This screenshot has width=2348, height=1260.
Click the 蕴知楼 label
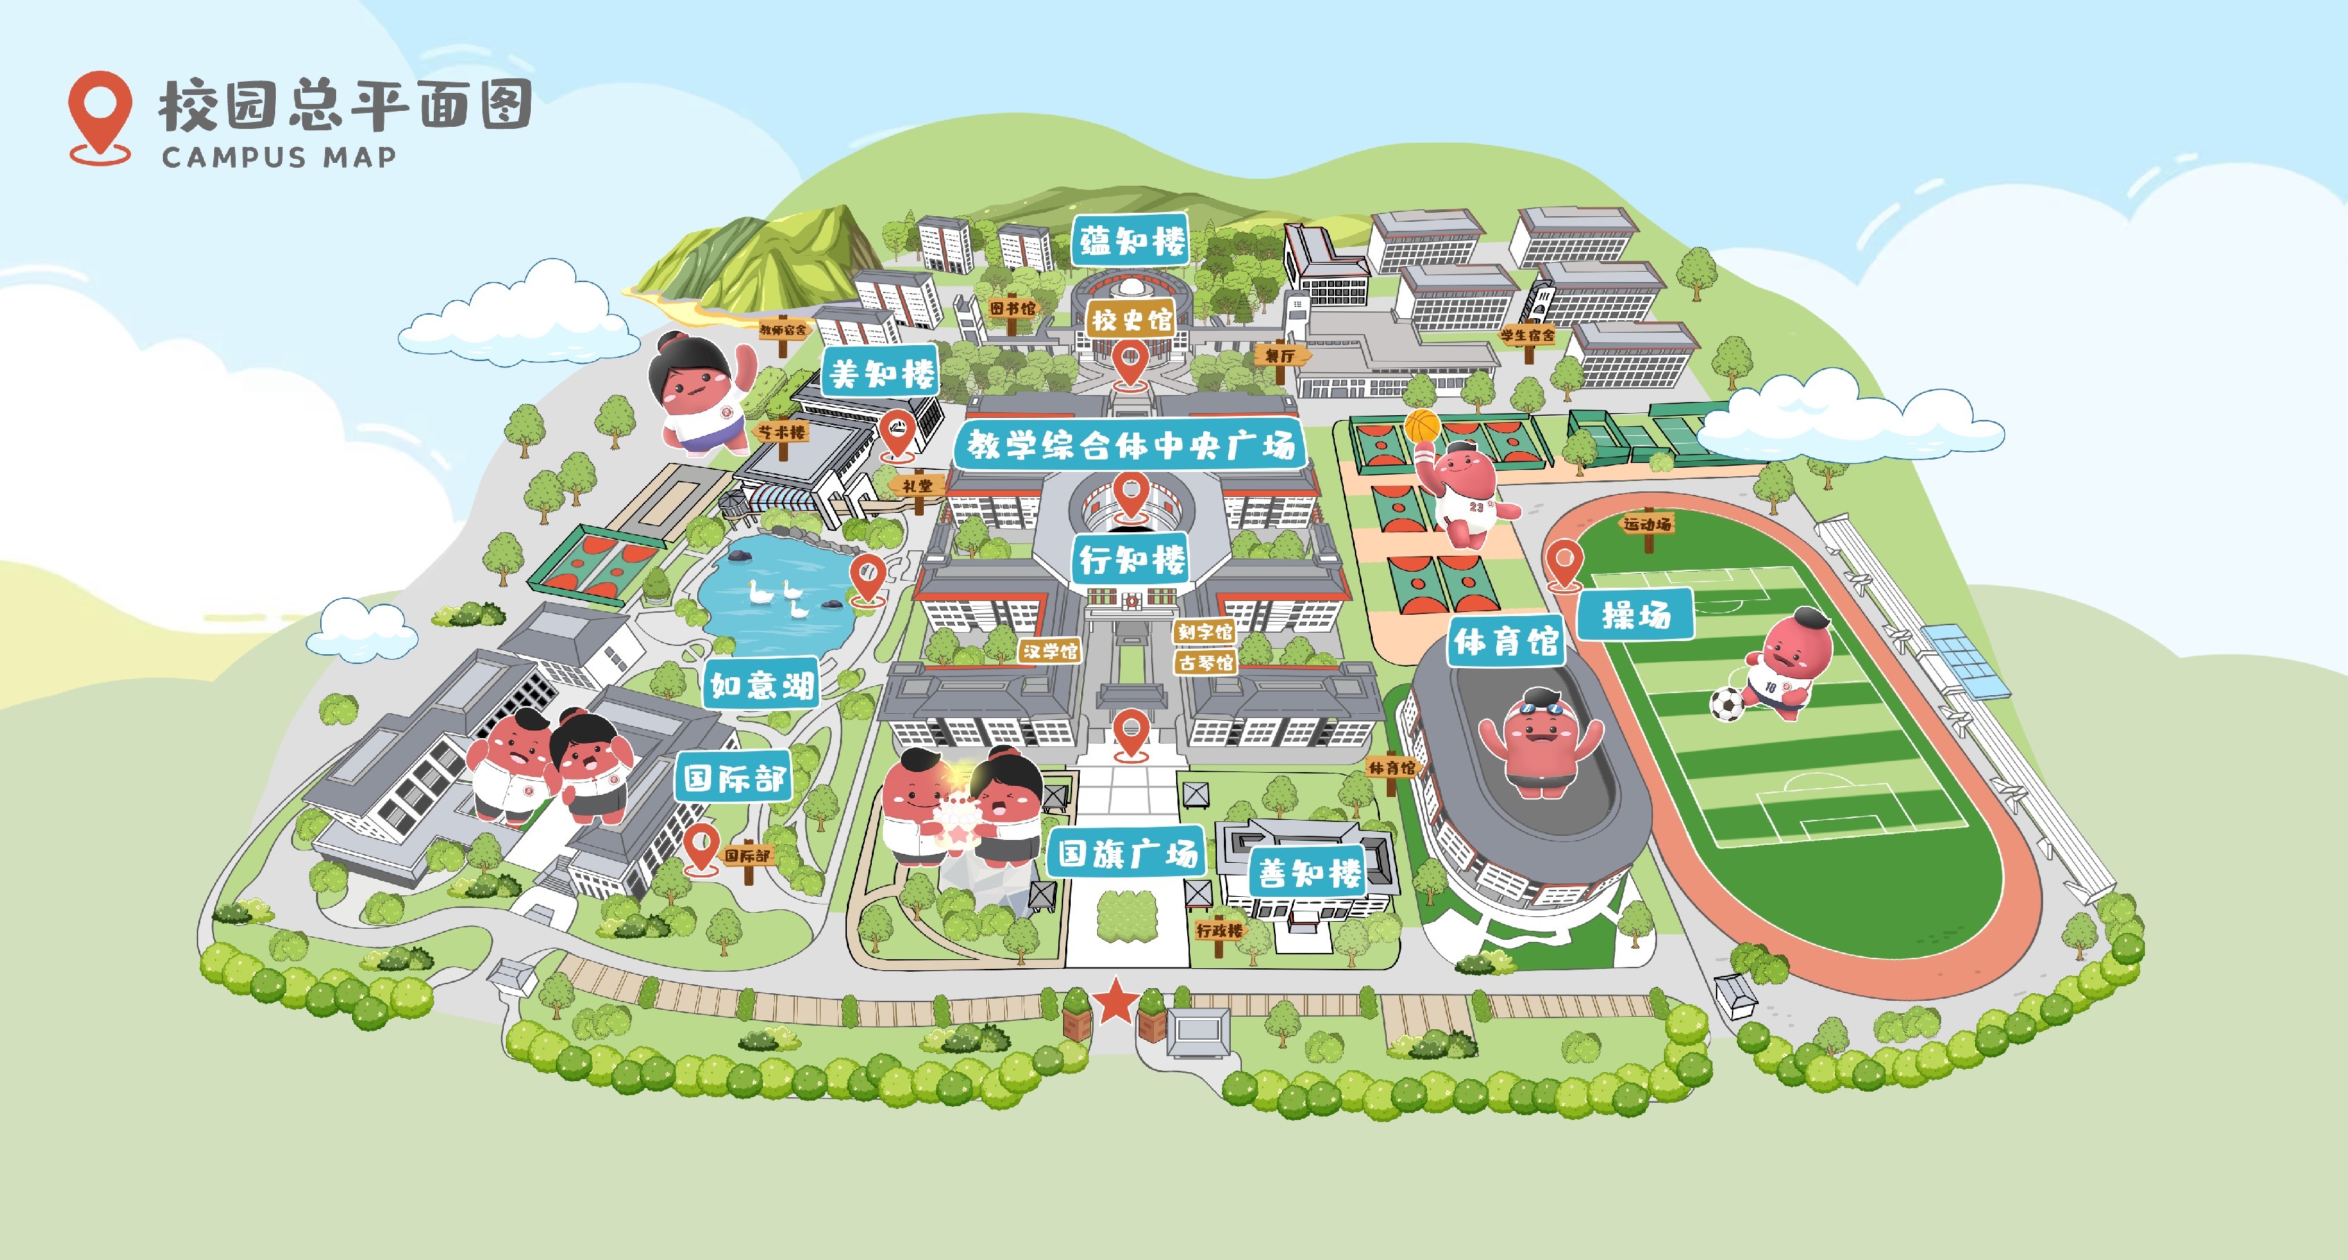1130,242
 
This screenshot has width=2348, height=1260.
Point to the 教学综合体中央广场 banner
1130,445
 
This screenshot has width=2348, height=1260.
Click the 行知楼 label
1131,559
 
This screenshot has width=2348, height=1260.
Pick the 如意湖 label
761,685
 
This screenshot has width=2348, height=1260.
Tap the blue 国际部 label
734,778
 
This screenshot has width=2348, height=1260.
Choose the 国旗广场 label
1128,855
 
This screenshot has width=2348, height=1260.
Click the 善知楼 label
1309,873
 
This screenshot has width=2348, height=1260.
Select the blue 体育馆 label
1506,642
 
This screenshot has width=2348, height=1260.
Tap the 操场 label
1636,615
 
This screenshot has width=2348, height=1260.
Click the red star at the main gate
1115,1001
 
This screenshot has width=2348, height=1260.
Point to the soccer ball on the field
1726,704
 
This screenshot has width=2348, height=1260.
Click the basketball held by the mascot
1422,425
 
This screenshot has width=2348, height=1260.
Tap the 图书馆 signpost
1013,308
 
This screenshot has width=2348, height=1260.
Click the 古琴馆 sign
1205,663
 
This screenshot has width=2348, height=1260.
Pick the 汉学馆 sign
1050,651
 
